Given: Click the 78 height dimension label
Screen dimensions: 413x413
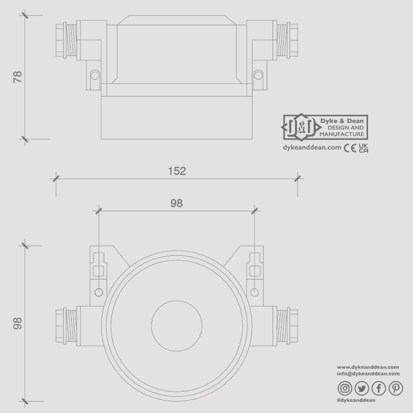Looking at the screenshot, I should pyautogui.click(x=17, y=76).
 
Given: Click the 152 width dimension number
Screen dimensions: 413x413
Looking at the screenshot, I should pyautogui.click(x=177, y=171).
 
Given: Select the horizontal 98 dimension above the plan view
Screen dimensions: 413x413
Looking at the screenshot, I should pyautogui.click(x=177, y=203).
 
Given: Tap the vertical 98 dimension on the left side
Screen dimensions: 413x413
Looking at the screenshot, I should pyautogui.click(x=17, y=324).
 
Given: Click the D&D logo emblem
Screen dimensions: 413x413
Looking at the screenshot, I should pyautogui.click(x=298, y=127).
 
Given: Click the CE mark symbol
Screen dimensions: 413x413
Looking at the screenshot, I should pyautogui.click(x=350, y=148).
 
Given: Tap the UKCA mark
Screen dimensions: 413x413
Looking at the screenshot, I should pyautogui.click(x=363, y=148).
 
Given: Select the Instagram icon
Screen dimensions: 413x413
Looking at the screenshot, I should pyautogui.click(x=345, y=389).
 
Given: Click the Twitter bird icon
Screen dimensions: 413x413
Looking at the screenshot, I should pyautogui.click(x=362, y=389).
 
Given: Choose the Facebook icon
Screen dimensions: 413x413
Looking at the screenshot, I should pyautogui.click(x=379, y=389).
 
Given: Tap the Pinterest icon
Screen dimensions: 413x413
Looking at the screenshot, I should pyautogui.click(x=396, y=389).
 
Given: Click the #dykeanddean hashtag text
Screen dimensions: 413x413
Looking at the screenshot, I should pyautogui.click(x=356, y=400).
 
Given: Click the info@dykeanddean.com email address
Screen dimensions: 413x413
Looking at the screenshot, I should pyautogui.click(x=368, y=374).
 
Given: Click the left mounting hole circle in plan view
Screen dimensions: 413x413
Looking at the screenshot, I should pyautogui.click(x=99, y=292).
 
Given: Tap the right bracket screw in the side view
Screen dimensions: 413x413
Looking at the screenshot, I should pyautogui.click(x=258, y=74).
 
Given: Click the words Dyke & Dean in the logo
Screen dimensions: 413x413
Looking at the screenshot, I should pyautogui.click(x=342, y=120).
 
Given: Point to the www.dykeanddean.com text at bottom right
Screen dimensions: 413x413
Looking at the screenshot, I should pyautogui.click(x=368, y=367).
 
